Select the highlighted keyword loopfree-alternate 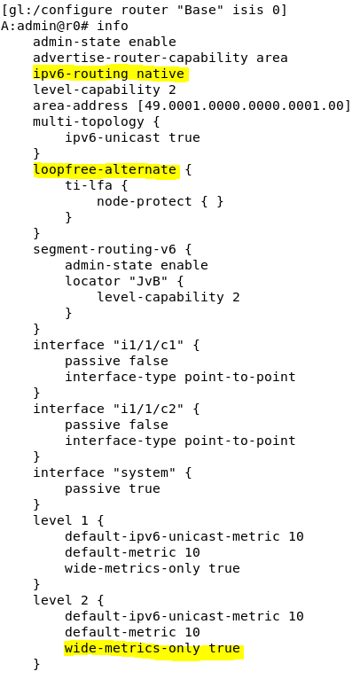click(105, 169)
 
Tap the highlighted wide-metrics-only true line click(152, 648)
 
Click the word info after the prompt click(113, 26)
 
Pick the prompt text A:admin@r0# click(44, 26)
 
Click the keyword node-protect click(145, 201)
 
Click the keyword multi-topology click(89, 121)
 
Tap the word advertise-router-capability click(141, 58)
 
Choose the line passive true click(113, 488)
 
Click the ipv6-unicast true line click(133, 137)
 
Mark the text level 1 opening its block click(61, 520)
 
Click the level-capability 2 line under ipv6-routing click(105, 90)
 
